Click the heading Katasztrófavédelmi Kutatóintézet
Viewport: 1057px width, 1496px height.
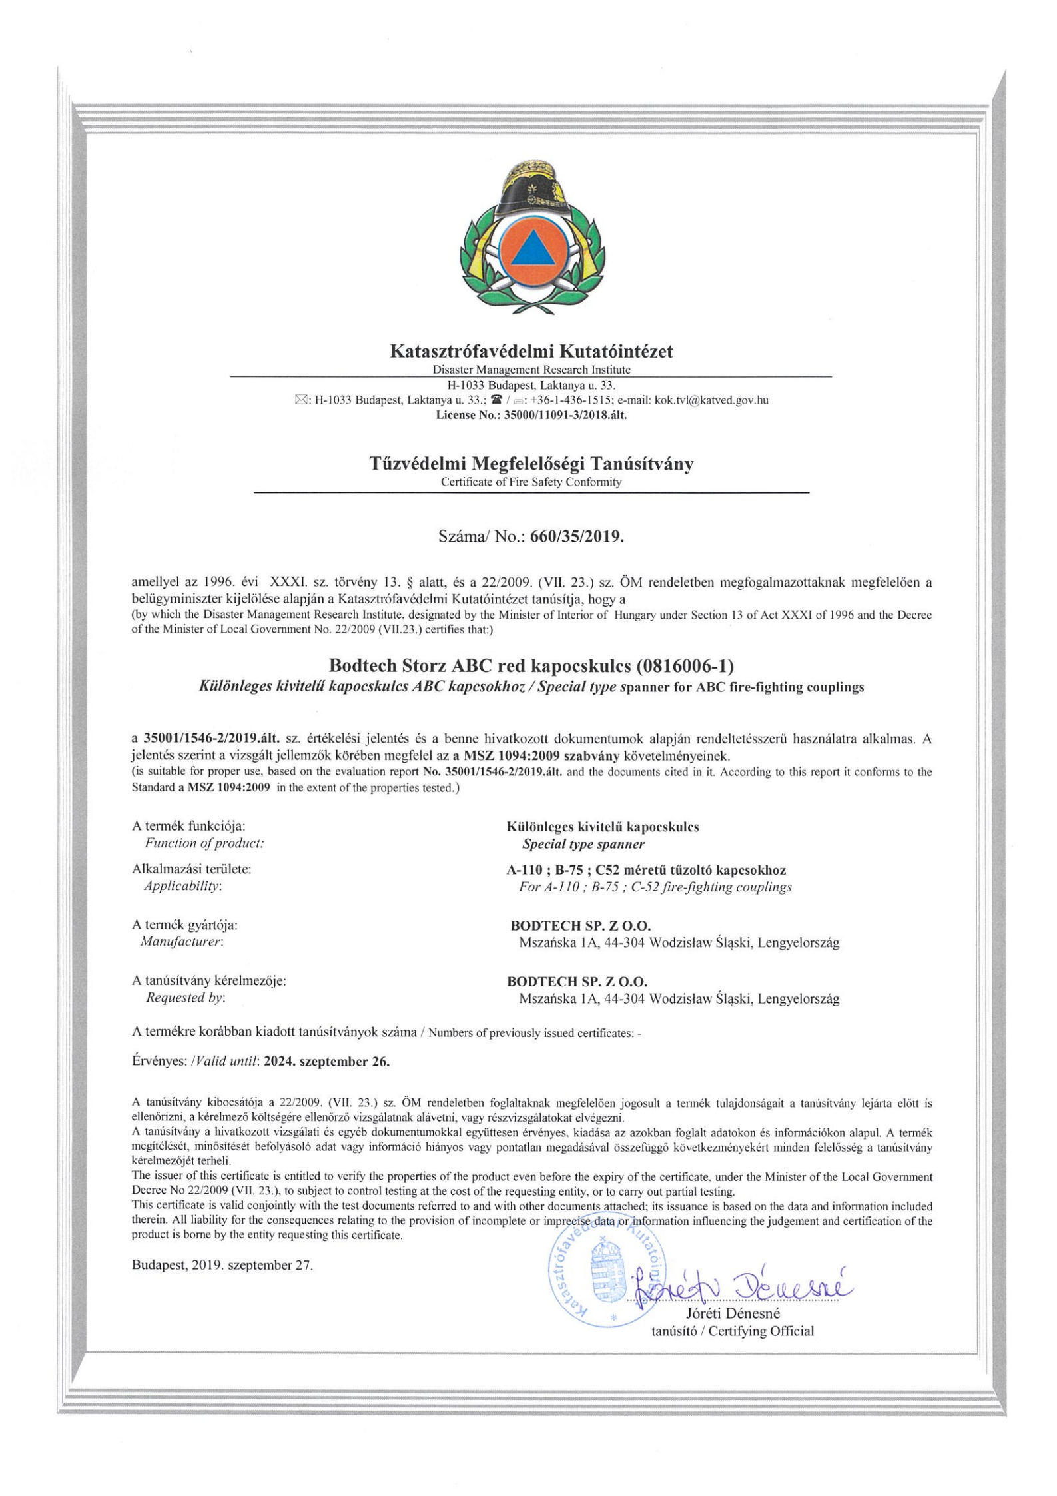pos(531,351)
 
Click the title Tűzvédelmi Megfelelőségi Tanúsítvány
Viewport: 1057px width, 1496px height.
pos(531,464)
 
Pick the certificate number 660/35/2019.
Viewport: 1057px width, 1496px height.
pos(577,535)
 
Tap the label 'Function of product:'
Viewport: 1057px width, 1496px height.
pos(204,843)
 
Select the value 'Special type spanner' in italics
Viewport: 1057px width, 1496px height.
pos(583,844)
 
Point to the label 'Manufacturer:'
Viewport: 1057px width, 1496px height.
pos(181,942)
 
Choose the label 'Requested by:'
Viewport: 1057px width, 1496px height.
pos(185,998)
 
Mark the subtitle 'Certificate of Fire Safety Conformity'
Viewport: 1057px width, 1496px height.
pos(531,482)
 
